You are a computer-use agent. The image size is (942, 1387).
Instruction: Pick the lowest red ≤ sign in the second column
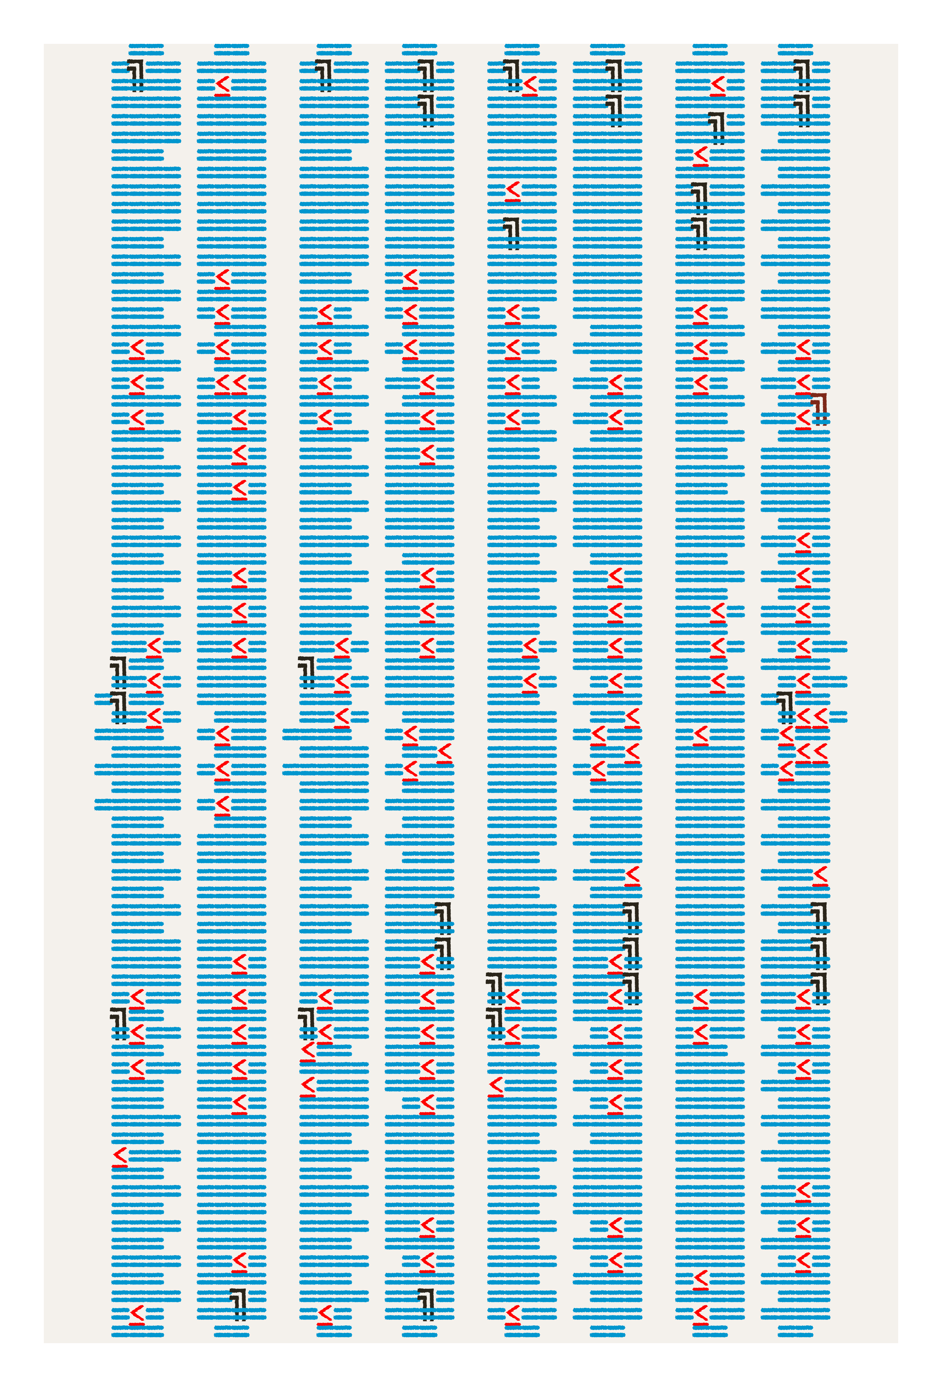[239, 1263]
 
